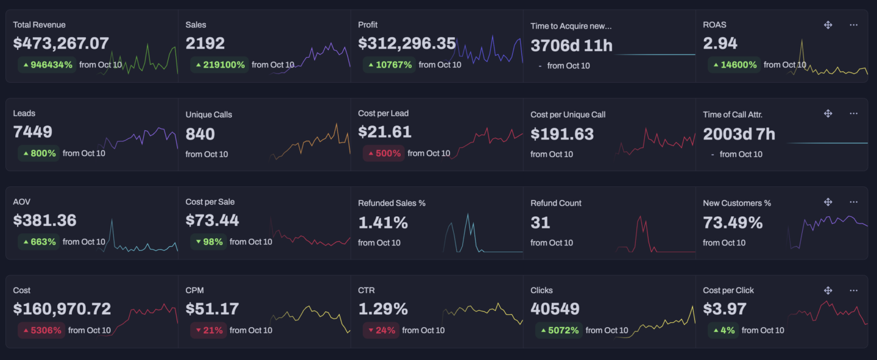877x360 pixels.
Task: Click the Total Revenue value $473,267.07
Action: click(x=61, y=44)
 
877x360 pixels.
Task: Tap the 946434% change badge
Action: click(x=47, y=65)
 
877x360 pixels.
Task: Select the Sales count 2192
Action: click(x=205, y=44)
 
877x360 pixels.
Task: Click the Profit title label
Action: click(x=368, y=25)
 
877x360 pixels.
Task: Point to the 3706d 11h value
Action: click(x=571, y=46)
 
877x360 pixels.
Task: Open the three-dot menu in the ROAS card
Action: click(x=853, y=25)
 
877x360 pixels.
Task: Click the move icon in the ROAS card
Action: click(x=828, y=25)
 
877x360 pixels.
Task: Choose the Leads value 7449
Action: click(x=33, y=132)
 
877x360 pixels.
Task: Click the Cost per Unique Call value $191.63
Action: click(x=562, y=134)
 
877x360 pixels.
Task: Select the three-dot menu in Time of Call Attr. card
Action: click(x=853, y=113)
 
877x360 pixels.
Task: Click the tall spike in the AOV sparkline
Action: click(x=111, y=221)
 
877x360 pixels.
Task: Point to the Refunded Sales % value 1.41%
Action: click(x=383, y=223)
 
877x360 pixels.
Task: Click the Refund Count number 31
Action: click(x=540, y=223)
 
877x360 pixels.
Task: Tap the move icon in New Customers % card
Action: click(x=828, y=202)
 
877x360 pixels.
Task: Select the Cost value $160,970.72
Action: click(x=62, y=309)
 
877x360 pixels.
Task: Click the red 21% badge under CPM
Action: click(x=208, y=330)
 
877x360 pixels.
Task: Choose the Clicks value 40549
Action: click(x=555, y=309)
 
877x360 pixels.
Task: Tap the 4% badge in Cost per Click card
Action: click(x=722, y=330)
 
